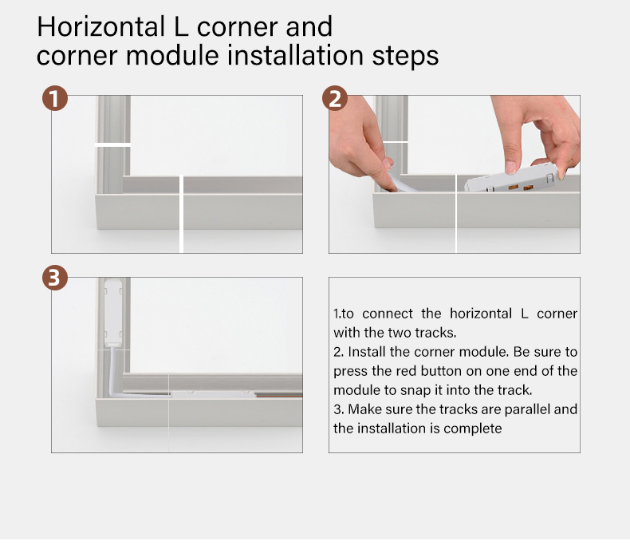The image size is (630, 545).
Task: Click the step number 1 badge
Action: (x=55, y=98)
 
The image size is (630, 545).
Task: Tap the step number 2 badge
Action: (x=335, y=98)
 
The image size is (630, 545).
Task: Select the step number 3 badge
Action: (x=55, y=278)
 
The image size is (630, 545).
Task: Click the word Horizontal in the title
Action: (x=100, y=27)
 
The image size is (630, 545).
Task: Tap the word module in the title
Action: (x=172, y=55)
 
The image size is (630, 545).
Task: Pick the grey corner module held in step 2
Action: (x=510, y=178)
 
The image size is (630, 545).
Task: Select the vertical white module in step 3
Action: (x=113, y=313)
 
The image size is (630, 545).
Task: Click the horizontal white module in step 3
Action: (x=214, y=394)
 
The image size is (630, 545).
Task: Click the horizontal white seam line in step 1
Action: (x=112, y=144)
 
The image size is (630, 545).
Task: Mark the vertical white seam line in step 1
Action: (x=181, y=214)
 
